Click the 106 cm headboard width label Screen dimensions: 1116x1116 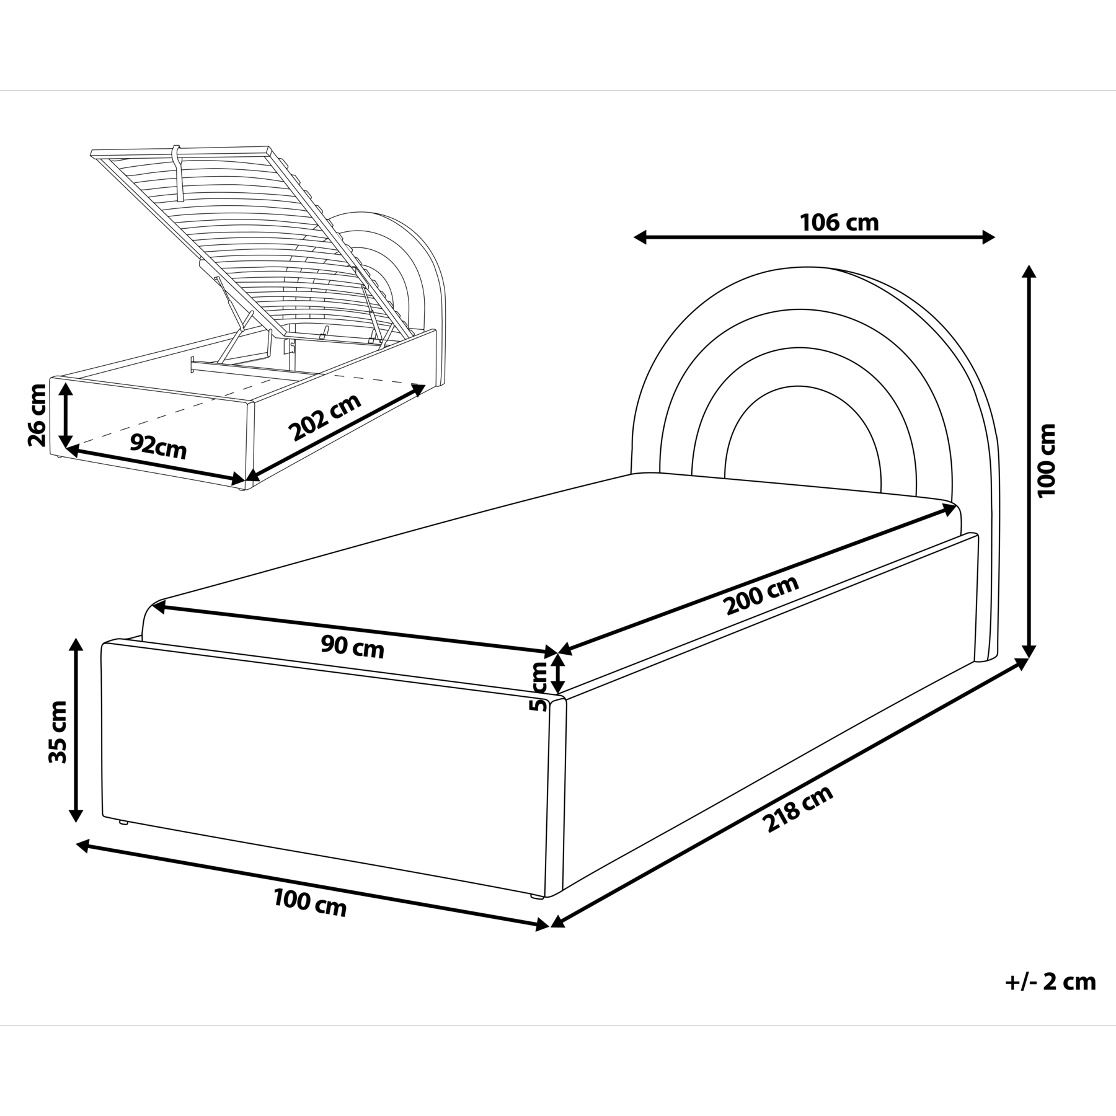[x=839, y=222]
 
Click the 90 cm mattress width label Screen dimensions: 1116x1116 [x=352, y=647]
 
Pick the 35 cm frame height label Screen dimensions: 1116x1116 [x=58, y=740]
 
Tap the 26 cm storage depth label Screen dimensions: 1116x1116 [x=37, y=415]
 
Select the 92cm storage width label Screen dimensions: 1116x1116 [x=158, y=446]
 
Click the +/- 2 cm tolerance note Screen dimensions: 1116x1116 [x=1050, y=999]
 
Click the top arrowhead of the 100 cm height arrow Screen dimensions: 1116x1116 [x=1029, y=272]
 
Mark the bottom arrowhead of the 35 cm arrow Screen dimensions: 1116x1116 [x=76, y=815]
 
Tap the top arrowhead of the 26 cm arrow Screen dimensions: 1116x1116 [x=65, y=388]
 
